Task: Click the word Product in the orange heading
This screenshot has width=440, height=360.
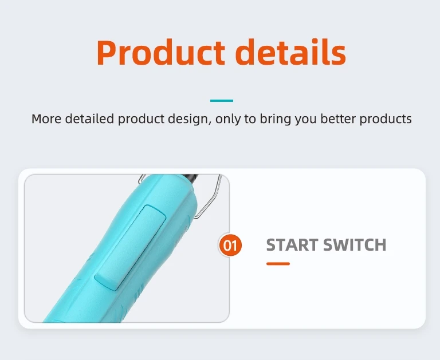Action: [161, 52]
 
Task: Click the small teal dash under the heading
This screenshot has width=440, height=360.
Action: [222, 101]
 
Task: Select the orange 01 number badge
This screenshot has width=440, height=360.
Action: [230, 246]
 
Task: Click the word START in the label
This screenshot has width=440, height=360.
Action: [292, 244]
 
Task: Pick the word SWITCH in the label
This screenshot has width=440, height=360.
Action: [355, 244]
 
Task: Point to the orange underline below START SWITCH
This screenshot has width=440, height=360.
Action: [278, 264]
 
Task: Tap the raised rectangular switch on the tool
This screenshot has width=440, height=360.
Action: [130, 247]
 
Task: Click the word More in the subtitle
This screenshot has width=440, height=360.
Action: [46, 118]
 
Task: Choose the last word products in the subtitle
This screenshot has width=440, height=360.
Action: [386, 120]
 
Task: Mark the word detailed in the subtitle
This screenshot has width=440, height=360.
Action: [89, 118]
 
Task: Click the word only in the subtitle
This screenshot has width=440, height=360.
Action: [227, 120]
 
